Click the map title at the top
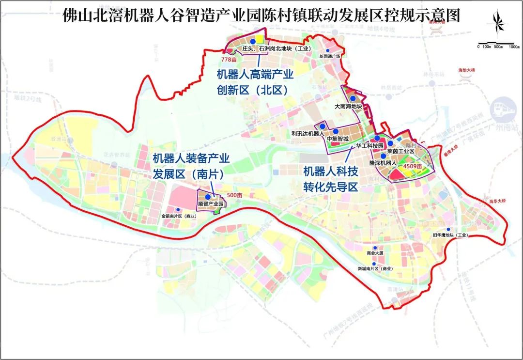point(261,16)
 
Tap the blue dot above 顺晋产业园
point(208,197)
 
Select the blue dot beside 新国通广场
point(328,50)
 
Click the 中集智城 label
point(338,138)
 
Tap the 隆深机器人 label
point(383,163)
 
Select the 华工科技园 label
point(369,145)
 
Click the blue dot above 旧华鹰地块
point(448,229)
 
